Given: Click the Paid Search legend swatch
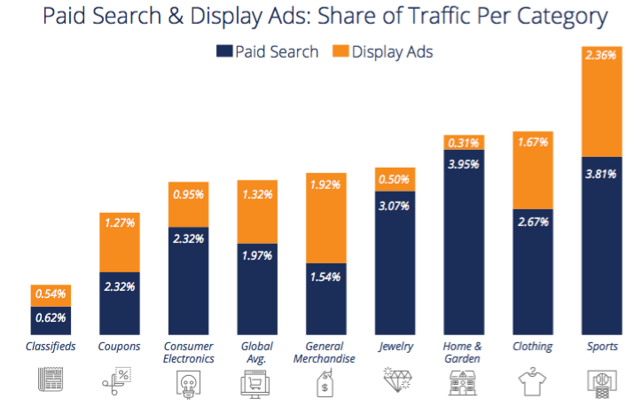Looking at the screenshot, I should pos(223,51).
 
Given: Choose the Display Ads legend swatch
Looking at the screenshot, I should pos(340,51).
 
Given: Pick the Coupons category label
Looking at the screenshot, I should pos(118,346).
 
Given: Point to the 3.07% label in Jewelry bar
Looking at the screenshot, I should pos(395,207).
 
